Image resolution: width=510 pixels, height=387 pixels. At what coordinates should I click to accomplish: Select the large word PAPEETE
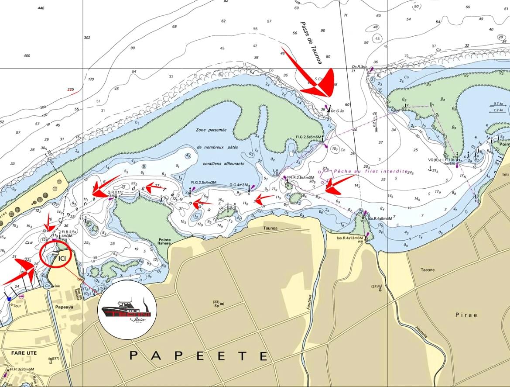(199, 356)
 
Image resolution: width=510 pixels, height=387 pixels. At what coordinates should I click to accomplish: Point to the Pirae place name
(466, 314)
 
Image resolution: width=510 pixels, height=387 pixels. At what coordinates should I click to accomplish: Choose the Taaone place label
(427, 270)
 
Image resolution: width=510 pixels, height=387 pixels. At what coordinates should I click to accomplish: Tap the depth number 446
(41, 8)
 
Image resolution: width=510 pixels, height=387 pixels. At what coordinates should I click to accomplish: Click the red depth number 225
(71, 90)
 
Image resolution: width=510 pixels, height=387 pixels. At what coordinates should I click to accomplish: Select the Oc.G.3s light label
(338, 111)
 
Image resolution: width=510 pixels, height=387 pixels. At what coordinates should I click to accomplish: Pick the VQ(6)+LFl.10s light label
(442, 160)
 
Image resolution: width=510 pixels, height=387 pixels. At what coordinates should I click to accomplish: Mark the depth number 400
(27, 55)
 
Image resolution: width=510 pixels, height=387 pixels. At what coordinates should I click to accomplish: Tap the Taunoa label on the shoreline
(271, 228)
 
